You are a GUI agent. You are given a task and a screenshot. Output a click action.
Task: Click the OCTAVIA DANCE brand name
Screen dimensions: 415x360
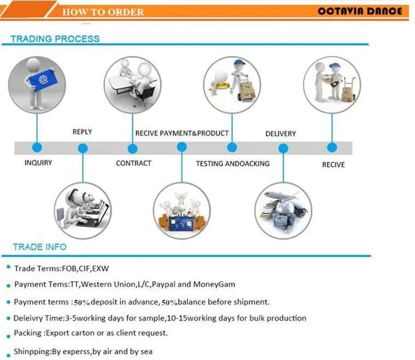pos(360,11)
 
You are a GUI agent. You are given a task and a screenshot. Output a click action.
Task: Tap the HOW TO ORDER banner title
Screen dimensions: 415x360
pos(103,12)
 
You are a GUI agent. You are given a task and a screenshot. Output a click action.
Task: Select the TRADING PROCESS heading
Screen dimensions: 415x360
pos(55,39)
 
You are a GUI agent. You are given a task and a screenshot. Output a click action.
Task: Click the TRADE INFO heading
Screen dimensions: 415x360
pos(40,247)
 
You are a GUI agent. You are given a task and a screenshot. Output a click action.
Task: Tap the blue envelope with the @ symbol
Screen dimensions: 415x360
pos(43,80)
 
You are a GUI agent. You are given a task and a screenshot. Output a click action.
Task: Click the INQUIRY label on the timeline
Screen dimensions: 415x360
pos(38,163)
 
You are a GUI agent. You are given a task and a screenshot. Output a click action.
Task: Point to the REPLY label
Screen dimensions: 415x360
pos(83,132)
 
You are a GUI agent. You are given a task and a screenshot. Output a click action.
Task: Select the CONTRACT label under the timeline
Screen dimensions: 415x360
pos(133,163)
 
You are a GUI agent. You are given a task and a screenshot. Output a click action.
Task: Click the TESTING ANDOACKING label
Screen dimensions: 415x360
pos(232,164)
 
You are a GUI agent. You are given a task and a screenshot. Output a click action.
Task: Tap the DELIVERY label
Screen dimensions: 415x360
pos(280,134)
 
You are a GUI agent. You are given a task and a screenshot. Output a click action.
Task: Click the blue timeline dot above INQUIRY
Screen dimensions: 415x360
pos(37,147)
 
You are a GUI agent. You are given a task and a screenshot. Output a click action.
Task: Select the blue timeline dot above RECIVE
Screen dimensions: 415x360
pos(332,147)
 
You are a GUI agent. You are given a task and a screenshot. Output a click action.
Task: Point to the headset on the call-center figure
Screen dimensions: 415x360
pos(71,196)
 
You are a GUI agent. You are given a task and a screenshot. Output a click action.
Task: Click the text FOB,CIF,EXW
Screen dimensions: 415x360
pos(85,269)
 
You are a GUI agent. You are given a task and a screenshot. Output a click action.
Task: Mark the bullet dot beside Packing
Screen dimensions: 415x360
pos(8,337)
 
